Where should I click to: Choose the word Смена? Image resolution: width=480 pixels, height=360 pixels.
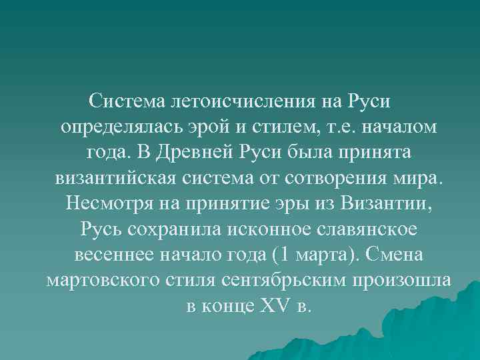(x=401, y=255)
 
